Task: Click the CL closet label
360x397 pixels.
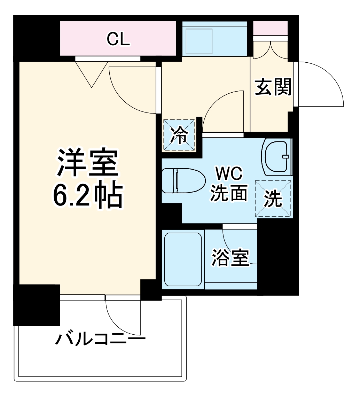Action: tap(118, 39)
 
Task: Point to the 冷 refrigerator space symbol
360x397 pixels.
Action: tap(179, 135)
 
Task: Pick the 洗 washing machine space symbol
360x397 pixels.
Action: tap(273, 199)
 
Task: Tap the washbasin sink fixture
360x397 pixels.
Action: tap(277, 156)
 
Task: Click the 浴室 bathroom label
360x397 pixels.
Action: tap(231, 258)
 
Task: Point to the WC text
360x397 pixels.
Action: tap(228, 174)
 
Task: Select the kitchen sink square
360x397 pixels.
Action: tap(198, 41)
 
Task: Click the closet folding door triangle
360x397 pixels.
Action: tap(91, 73)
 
